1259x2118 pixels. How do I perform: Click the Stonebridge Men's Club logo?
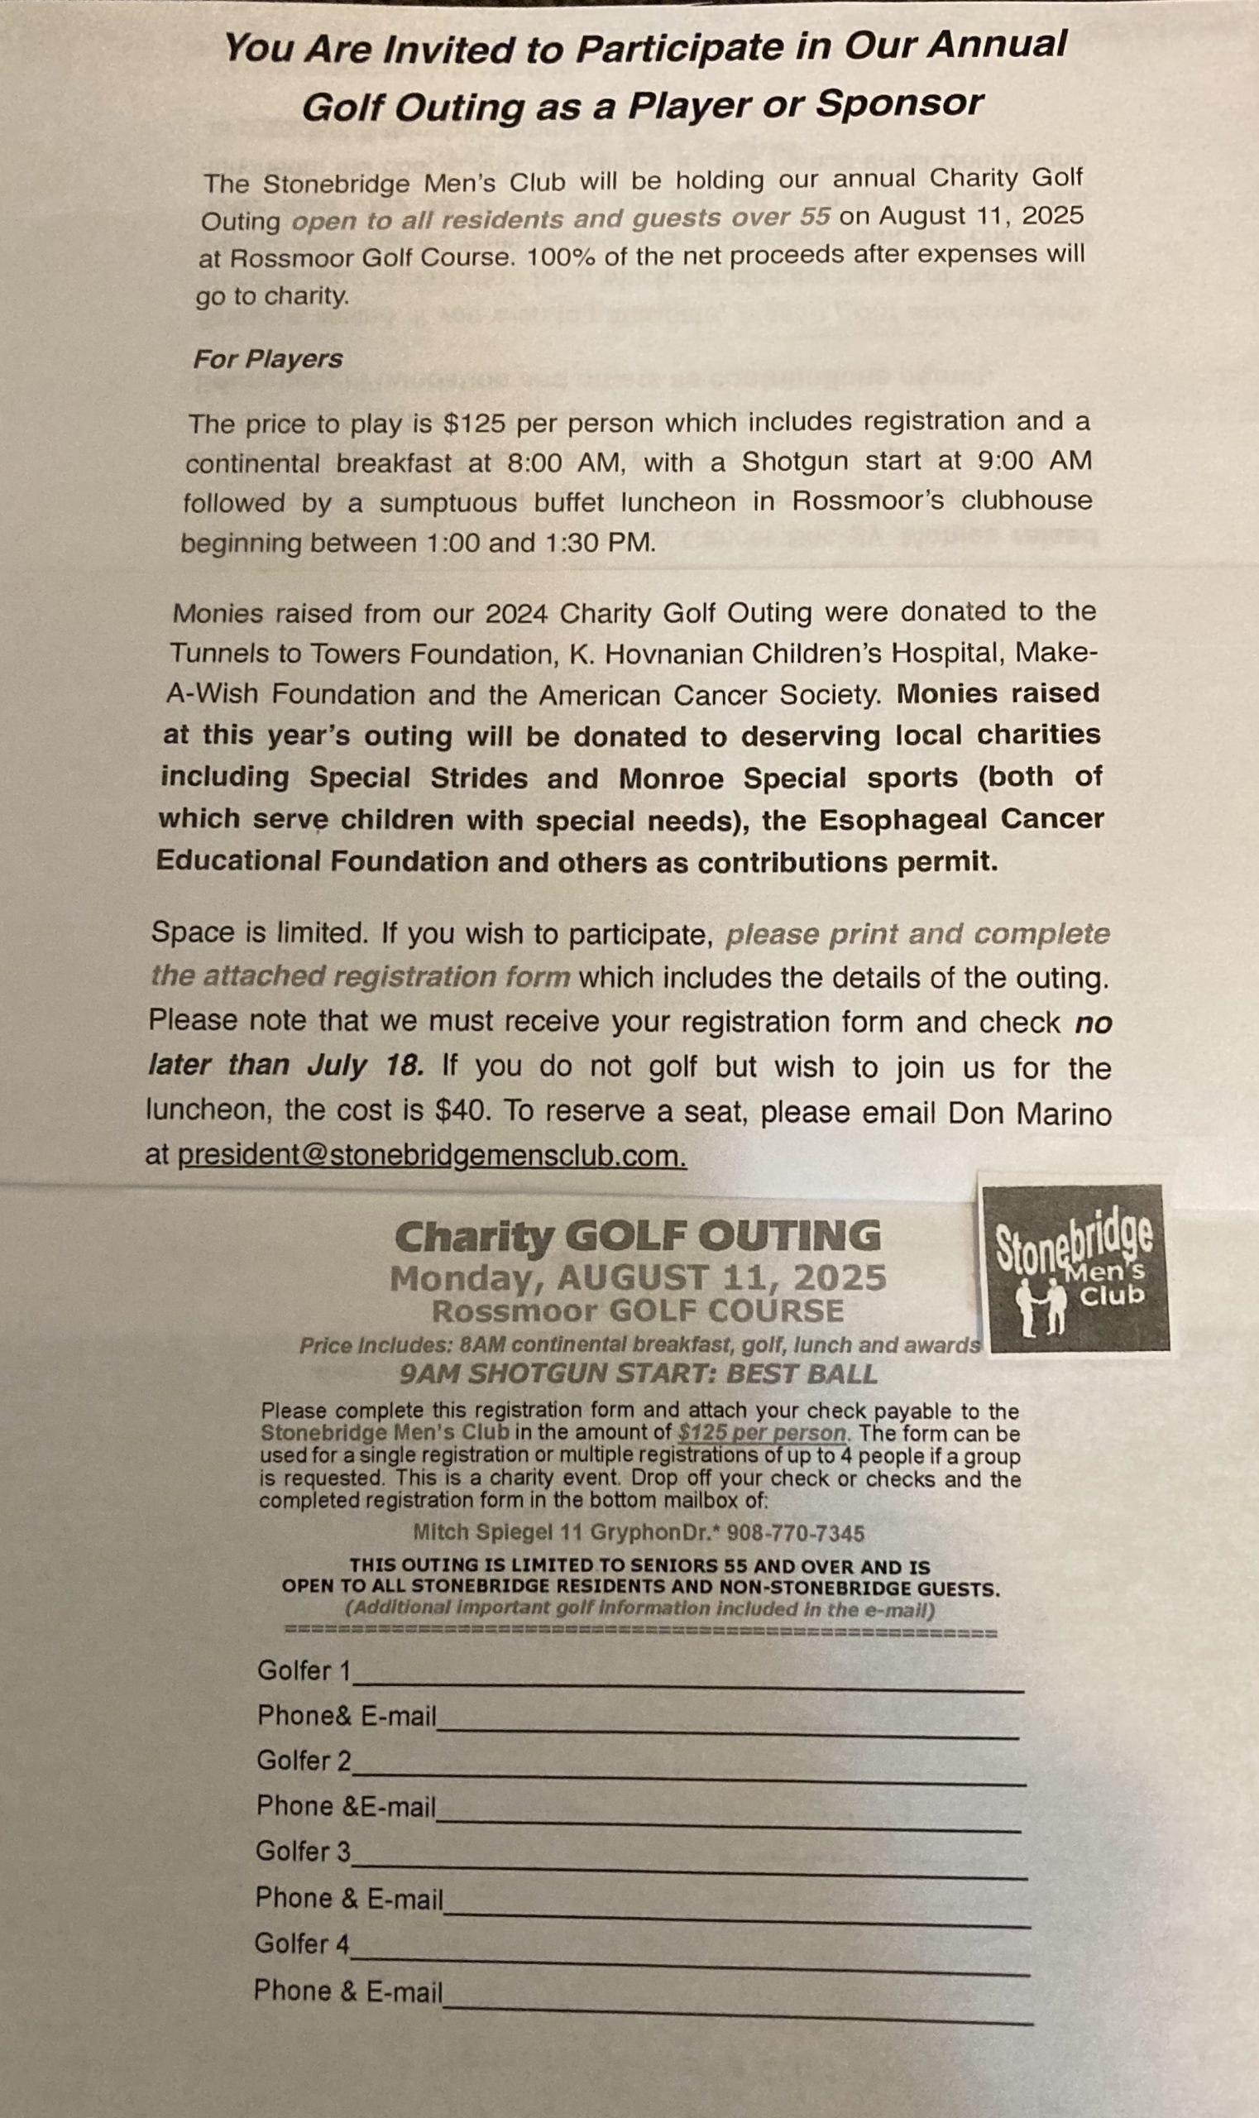coord(1073,1266)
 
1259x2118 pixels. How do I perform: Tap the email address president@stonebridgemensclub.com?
coord(432,1156)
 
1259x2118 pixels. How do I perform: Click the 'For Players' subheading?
coord(268,359)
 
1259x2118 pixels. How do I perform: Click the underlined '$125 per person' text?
coord(762,1433)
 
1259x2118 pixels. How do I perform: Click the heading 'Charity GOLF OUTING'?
coord(637,1236)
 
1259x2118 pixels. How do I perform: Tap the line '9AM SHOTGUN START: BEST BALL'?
coord(638,1374)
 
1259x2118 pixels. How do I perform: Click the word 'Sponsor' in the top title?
coord(898,103)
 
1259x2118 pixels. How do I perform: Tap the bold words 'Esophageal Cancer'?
coord(961,820)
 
